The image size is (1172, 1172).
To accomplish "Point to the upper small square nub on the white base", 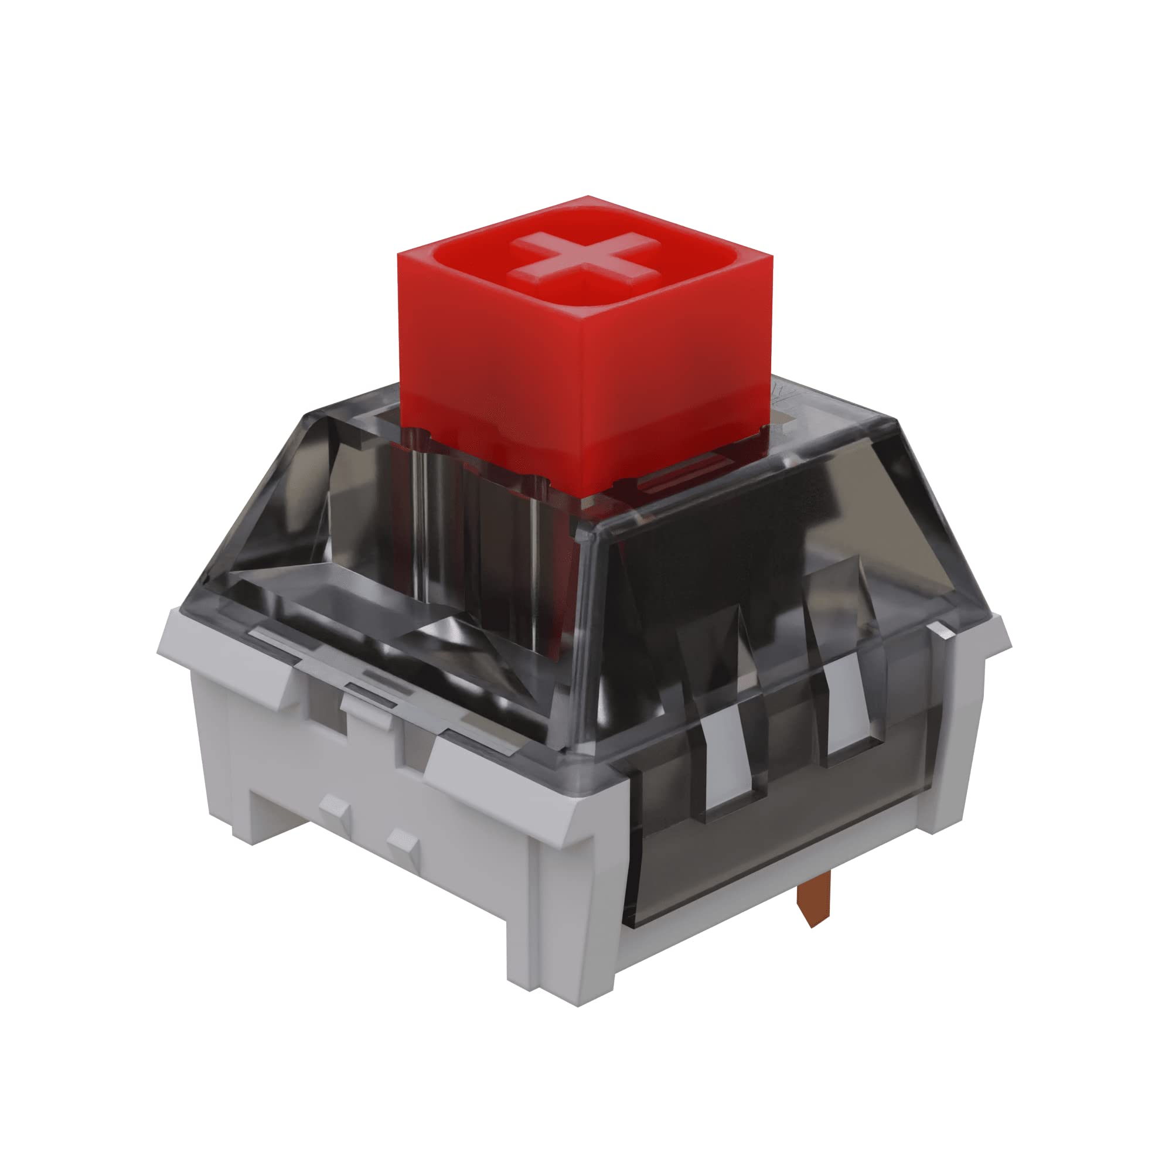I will pyautogui.click(x=333, y=808).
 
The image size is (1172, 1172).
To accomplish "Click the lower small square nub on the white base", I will pyautogui.click(x=402, y=843).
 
